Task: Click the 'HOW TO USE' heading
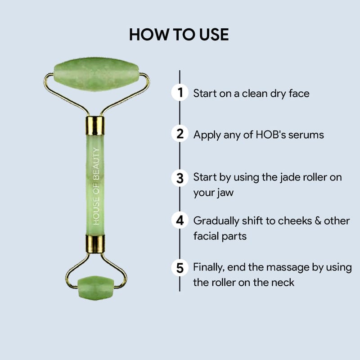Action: tap(179, 35)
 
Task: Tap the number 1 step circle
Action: tap(180, 93)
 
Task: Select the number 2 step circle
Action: tap(180, 134)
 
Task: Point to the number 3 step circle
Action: tap(180, 178)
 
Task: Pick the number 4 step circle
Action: tap(180, 220)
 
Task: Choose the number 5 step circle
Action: tap(180, 268)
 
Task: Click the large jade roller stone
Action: tap(96, 74)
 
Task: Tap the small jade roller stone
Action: tap(96, 288)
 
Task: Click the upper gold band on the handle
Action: tap(95, 126)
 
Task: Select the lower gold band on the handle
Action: tap(95, 244)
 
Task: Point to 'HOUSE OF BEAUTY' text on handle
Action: tap(96, 186)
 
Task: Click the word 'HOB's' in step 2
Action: tap(271, 135)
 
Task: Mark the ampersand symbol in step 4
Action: tap(318, 221)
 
